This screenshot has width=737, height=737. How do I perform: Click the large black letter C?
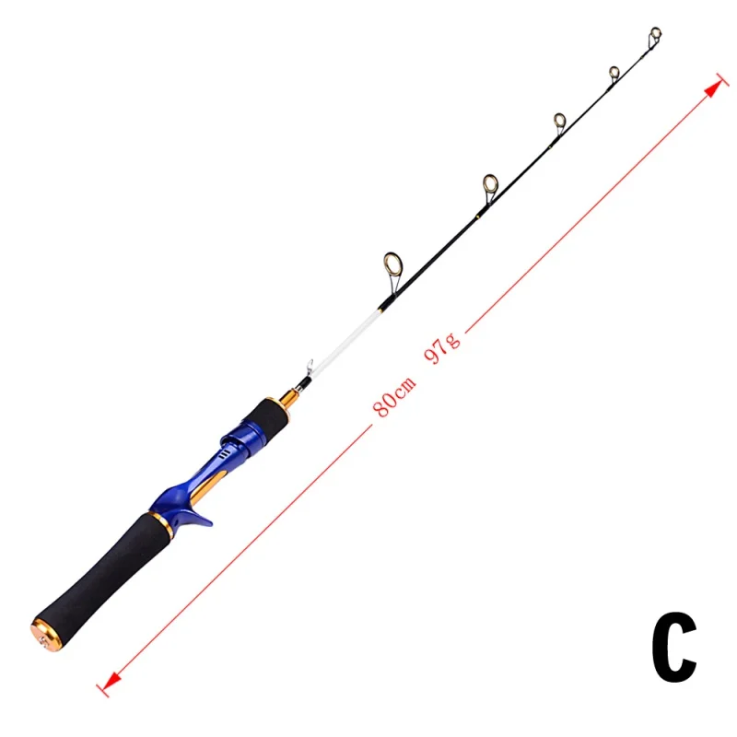coord(673,647)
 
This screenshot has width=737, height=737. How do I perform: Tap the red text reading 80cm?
coord(394,397)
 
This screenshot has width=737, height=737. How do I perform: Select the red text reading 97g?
coord(442,348)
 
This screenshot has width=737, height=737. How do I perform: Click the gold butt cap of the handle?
coord(47,636)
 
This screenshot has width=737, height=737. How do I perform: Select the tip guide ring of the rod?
coord(655,34)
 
